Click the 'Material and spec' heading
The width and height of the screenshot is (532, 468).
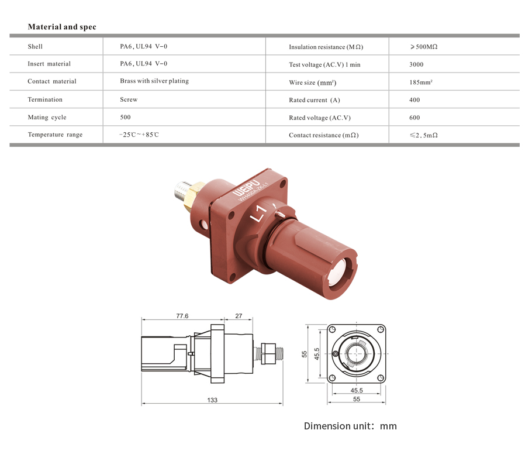[x=62, y=27]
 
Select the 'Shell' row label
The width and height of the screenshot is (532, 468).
[x=35, y=46]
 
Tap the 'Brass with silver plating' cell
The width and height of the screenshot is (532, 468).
[x=154, y=81]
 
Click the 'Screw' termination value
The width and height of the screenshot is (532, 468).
[x=129, y=99]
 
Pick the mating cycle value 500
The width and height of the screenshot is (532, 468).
[x=125, y=117]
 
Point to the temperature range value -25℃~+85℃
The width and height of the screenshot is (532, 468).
[x=139, y=135]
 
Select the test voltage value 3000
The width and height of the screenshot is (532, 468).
[x=416, y=64]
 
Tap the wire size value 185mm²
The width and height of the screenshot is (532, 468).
[x=421, y=82]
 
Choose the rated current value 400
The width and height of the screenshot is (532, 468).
[x=414, y=100]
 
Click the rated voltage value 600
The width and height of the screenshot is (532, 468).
[x=414, y=118]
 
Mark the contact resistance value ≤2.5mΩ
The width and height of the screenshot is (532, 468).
[x=424, y=135]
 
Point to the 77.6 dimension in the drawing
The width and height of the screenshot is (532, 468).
[x=182, y=316]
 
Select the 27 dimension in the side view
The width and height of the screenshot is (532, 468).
[x=239, y=316]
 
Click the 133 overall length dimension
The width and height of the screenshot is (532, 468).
[x=212, y=400]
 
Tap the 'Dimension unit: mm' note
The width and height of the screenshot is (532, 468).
[x=350, y=426]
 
